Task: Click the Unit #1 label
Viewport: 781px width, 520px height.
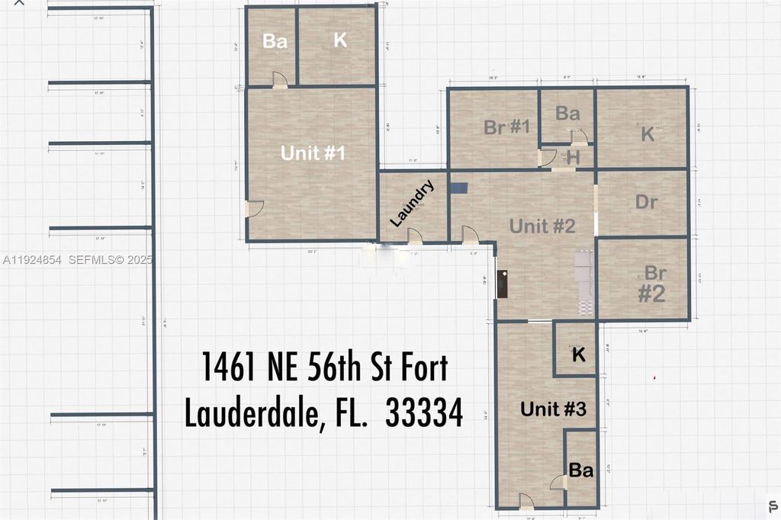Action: (x=313, y=153)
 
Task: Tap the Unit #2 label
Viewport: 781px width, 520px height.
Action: (x=542, y=226)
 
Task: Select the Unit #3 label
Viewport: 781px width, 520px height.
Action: (x=553, y=409)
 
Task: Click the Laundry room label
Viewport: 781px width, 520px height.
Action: (x=412, y=203)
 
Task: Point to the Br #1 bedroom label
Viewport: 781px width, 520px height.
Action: (x=506, y=127)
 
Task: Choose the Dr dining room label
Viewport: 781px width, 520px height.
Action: (x=646, y=203)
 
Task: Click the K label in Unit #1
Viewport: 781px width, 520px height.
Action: (x=340, y=40)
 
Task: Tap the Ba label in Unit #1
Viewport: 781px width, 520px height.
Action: (x=275, y=41)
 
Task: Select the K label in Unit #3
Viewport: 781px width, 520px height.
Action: (x=578, y=355)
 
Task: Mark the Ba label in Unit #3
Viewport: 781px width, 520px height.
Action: (x=580, y=470)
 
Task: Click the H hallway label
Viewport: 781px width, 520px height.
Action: (x=574, y=158)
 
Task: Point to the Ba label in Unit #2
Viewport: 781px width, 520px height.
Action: (x=567, y=114)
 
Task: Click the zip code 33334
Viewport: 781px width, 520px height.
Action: (x=424, y=413)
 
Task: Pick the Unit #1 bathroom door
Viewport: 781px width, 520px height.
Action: (x=280, y=79)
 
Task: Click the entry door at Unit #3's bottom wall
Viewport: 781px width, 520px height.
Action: (x=526, y=501)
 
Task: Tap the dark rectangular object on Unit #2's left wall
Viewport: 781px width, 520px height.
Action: (x=503, y=284)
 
